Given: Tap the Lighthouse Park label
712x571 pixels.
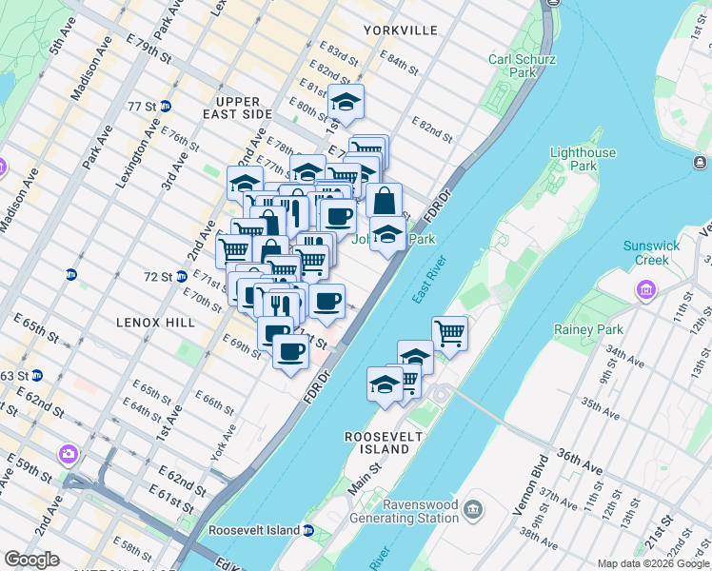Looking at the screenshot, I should [583, 159].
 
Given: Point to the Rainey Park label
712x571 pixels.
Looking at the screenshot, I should [588, 330].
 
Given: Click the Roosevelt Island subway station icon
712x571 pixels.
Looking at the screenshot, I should [308, 530].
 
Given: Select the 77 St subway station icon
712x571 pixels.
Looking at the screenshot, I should [166, 106].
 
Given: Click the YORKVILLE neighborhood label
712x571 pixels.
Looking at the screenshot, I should [400, 30].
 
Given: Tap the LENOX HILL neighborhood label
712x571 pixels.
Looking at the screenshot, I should [156, 323].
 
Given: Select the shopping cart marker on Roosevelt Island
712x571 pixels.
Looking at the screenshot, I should [449, 333].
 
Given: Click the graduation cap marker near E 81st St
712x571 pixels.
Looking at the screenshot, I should [346, 101].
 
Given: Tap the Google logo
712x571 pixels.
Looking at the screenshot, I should [31, 560].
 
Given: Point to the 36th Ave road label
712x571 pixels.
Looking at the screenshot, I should [581, 455].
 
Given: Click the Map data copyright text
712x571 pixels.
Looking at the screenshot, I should [652, 563].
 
